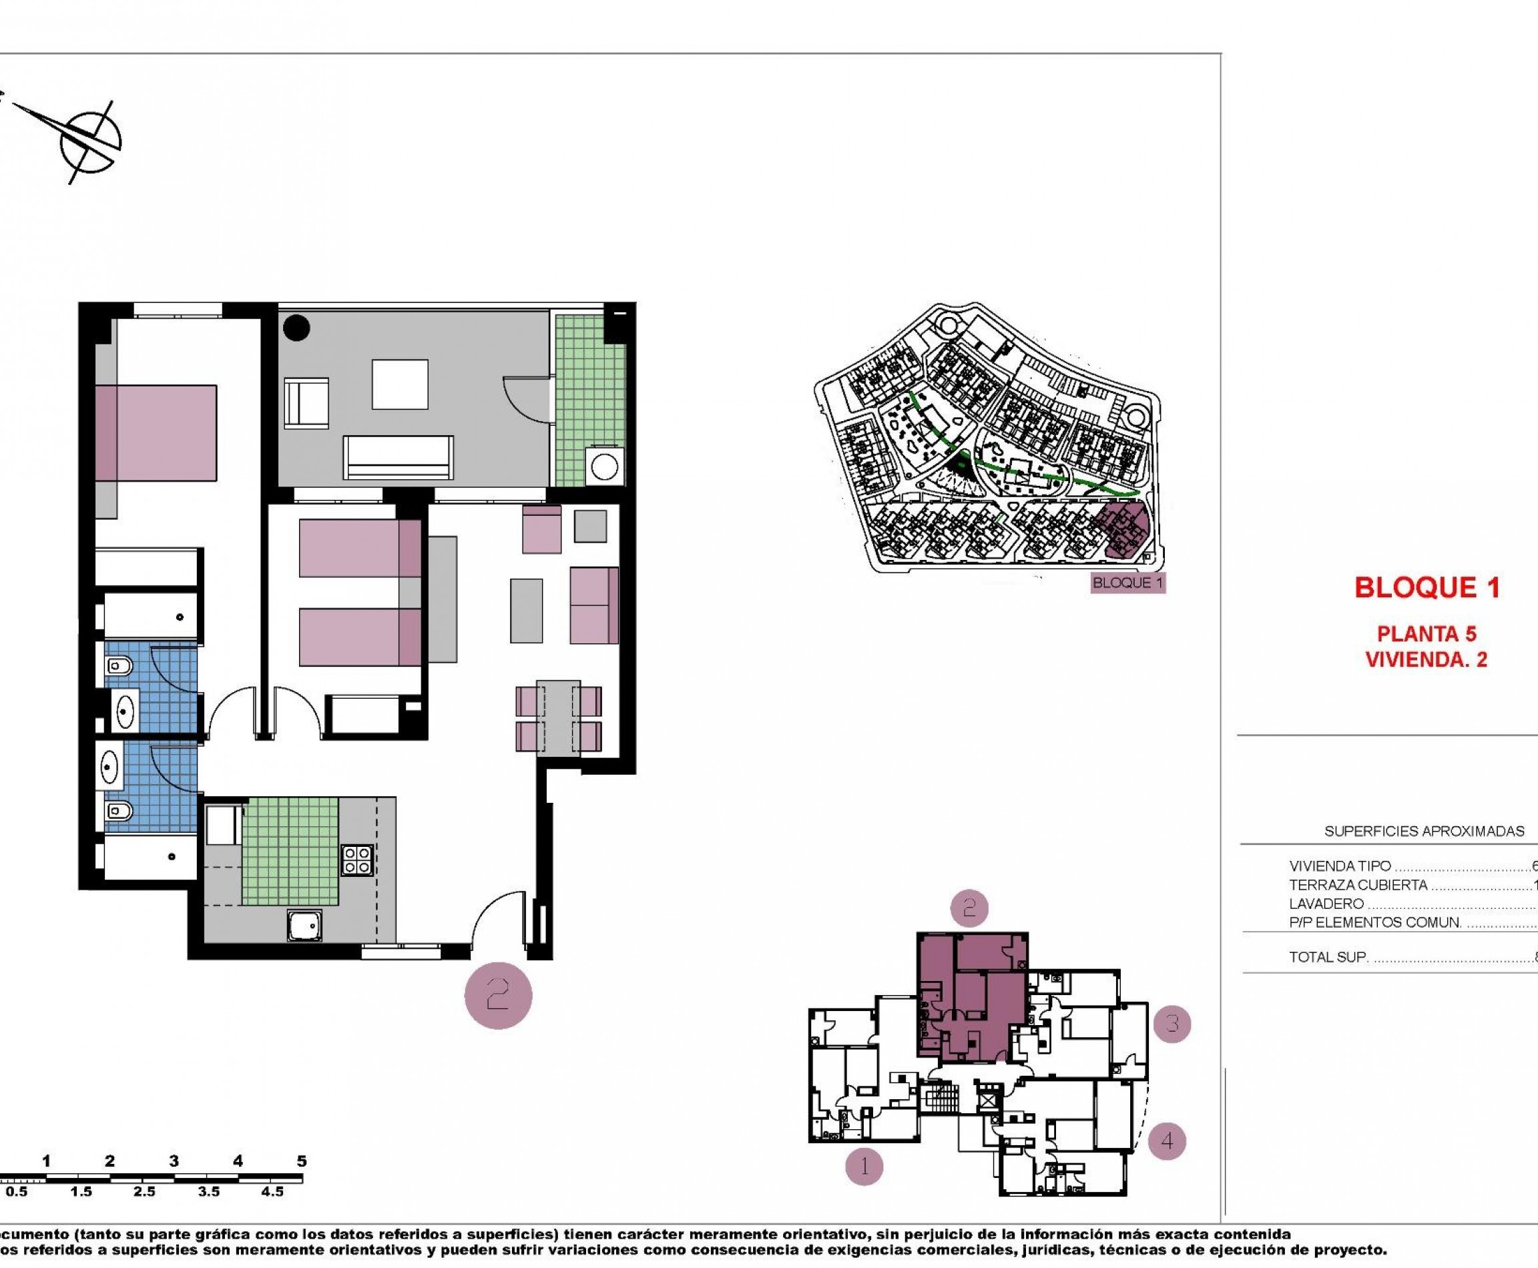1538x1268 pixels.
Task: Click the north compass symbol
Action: point(89,141)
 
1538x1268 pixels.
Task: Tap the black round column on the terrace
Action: point(296,328)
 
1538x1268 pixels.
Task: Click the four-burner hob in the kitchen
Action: point(357,859)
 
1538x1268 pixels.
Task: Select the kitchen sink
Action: point(303,926)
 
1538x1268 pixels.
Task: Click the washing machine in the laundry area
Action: point(604,466)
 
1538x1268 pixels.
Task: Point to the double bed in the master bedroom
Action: point(156,432)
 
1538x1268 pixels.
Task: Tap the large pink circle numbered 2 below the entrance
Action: point(498,996)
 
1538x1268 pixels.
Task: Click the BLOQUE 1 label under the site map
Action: point(1127,583)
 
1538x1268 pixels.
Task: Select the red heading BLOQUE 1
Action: point(1427,588)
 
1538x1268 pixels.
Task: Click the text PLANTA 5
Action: point(1427,633)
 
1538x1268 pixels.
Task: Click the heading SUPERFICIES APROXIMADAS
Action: point(1424,832)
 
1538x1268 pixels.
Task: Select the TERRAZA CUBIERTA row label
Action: point(1358,885)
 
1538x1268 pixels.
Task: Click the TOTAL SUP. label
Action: point(1328,958)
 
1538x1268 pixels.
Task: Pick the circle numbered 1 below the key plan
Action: point(864,1167)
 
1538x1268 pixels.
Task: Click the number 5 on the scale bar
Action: point(302,1161)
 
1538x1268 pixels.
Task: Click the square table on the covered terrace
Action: point(400,384)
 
